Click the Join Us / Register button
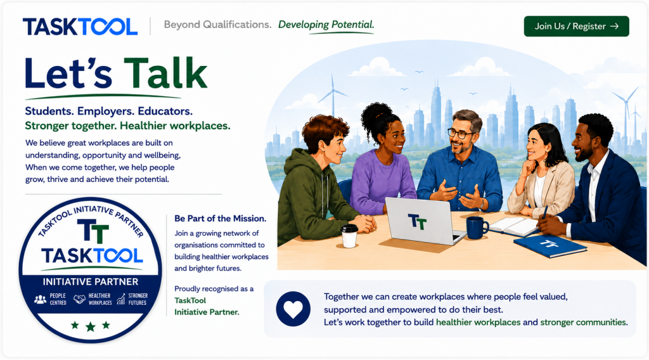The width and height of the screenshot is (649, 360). coord(576,26)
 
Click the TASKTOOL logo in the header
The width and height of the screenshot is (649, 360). coord(80,27)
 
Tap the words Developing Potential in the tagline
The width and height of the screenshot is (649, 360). coord(326,25)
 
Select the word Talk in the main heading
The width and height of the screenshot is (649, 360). coord(165,74)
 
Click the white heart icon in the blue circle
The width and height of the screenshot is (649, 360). coord(293,309)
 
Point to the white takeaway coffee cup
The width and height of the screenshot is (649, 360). coord(349,236)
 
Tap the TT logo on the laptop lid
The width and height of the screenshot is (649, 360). coord(417,221)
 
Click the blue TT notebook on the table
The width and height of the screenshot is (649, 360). coord(550,245)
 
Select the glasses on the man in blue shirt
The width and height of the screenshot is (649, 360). coord(460,134)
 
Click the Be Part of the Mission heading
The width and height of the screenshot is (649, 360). coord(220,219)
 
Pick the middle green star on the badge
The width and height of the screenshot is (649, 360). coord(91,327)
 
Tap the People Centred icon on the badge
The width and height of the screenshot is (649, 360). coord(40,299)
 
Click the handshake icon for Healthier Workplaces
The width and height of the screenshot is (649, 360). coord(79,299)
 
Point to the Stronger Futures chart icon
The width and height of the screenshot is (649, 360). coord(120,299)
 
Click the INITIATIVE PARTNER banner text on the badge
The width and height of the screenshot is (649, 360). coord(91,282)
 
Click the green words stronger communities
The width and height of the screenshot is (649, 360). coord(584,323)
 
